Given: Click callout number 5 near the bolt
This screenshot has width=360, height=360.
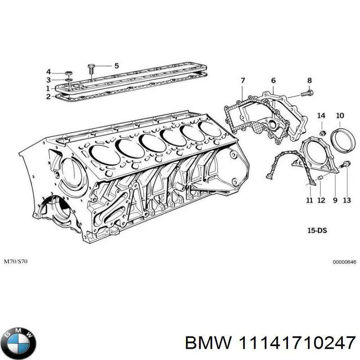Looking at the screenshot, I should click(x=116, y=66).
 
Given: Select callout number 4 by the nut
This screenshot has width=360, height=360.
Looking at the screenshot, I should click(x=49, y=72).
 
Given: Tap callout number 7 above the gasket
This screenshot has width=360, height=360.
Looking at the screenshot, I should click(x=243, y=81).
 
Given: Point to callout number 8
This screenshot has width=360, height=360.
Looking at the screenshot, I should click(x=309, y=81).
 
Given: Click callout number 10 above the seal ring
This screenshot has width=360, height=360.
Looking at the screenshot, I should click(x=340, y=116).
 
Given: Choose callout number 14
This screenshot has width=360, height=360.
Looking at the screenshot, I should click(x=321, y=116).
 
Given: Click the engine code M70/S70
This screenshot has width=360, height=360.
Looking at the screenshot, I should click(x=16, y=261).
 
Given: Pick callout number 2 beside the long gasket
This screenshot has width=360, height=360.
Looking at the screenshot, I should click(x=49, y=96).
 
